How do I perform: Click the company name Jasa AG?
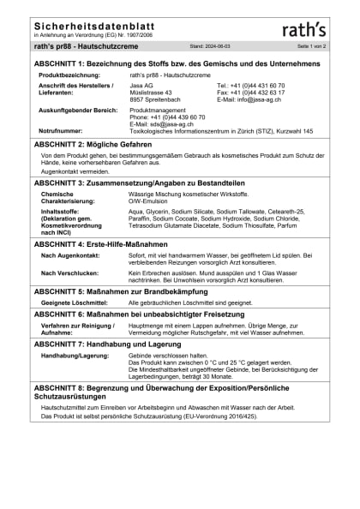click(x=142, y=86)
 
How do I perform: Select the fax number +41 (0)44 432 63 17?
click(x=257, y=92)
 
